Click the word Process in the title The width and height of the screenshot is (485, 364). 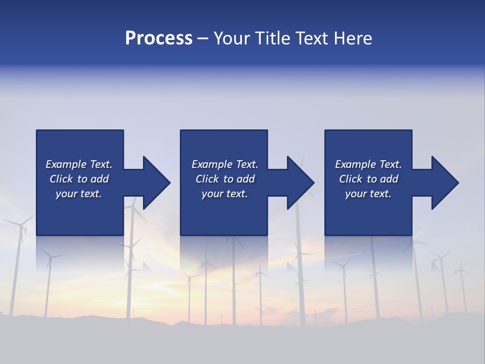(159, 38)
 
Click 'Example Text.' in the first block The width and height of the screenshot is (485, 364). (79, 164)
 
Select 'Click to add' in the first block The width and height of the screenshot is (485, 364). (79, 179)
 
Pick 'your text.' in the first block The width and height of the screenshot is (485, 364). (79, 194)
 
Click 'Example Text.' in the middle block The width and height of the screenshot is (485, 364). (225, 164)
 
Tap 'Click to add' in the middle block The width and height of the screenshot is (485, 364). (225, 179)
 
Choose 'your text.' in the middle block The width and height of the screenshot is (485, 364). (225, 194)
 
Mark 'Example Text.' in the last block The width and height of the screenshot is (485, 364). (368, 164)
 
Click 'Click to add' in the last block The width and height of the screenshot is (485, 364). (368, 179)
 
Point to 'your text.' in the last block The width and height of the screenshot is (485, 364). (368, 194)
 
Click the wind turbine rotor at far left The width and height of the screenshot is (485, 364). (21, 225)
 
